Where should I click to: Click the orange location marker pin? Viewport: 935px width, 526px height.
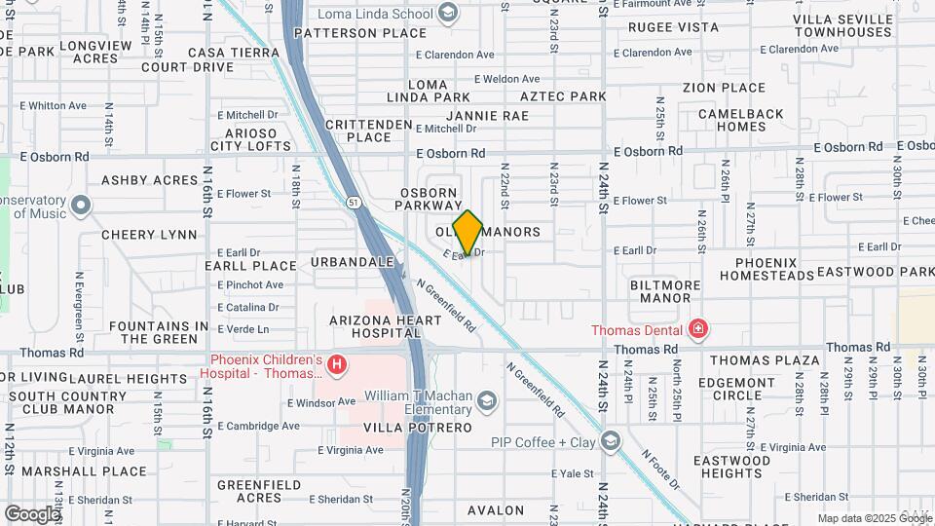pyautogui.click(x=467, y=233)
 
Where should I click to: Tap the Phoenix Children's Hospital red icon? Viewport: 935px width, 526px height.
pyautogui.click(x=337, y=366)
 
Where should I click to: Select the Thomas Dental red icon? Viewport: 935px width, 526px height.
pyautogui.click(x=697, y=329)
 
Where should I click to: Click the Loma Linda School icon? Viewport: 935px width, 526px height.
pyautogui.click(x=447, y=13)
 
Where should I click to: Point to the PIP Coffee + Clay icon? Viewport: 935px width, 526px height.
pyautogui.click(x=611, y=442)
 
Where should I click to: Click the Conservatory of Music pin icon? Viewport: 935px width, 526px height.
pyautogui.click(x=81, y=207)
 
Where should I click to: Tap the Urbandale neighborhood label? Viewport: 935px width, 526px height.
pyautogui.click(x=353, y=262)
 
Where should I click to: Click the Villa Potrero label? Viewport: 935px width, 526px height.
pyautogui.click(x=417, y=428)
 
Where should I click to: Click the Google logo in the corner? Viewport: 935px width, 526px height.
pyautogui.click(x=31, y=513)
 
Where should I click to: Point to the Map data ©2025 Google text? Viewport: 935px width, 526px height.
pyautogui.click(x=862, y=518)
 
